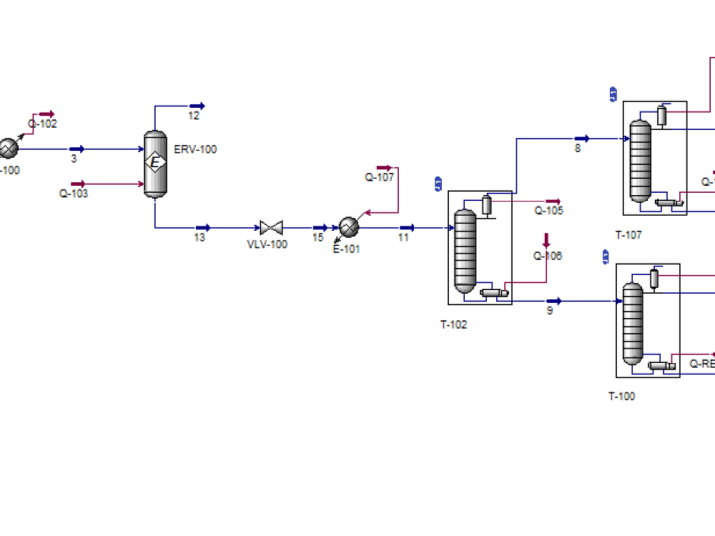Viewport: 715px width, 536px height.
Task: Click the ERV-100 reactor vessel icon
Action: click(155, 163)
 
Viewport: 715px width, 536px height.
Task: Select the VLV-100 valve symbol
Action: click(272, 228)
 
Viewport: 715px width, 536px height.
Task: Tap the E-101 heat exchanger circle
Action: click(349, 227)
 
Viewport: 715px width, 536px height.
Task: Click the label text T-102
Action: click(453, 324)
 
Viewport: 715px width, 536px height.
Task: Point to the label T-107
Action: click(628, 234)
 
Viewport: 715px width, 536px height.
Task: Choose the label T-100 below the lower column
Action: click(621, 397)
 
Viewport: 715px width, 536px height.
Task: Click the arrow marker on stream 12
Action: click(197, 106)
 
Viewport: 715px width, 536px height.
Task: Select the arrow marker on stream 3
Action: click(77, 149)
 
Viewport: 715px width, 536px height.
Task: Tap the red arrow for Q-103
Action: click(77, 184)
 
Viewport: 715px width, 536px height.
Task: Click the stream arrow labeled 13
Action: click(202, 228)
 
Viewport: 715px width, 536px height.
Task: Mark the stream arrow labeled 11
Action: click(406, 228)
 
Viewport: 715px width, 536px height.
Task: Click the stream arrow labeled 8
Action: click(581, 139)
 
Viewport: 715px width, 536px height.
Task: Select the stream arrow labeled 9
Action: click(553, 302)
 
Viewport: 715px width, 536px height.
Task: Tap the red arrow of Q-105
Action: click(553, 202)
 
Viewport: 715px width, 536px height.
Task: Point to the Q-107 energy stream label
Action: click(380, 177)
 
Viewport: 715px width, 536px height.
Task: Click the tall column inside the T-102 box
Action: click(465, 251)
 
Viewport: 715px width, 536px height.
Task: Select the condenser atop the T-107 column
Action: click(661, 115)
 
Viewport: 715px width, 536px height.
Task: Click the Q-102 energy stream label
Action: click(42, 123)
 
